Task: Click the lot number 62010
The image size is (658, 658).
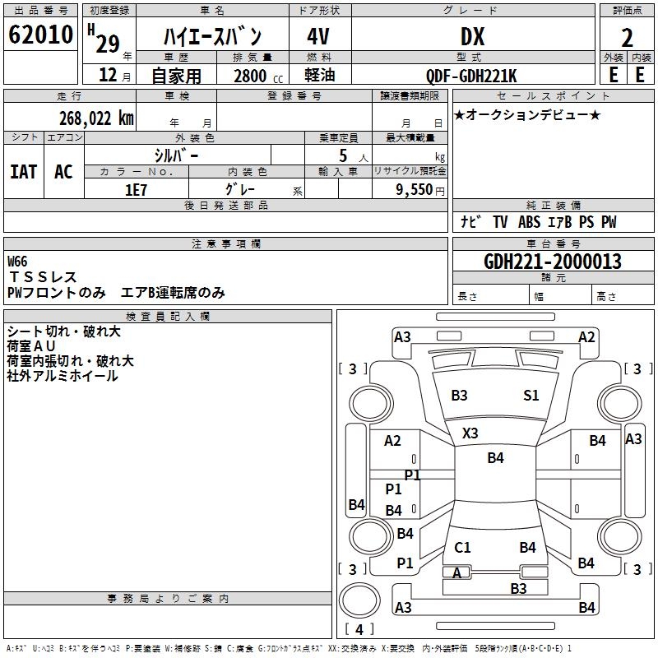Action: pos(40,35)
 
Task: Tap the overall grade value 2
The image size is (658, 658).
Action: pos(627,38)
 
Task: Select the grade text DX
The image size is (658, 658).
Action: pos(472,36)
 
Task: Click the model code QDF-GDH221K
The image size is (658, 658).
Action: pos(471,76)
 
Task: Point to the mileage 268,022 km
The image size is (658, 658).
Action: pos(96,118)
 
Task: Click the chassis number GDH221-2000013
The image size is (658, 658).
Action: pos(553,262)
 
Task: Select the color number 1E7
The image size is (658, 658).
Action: pos(136,190)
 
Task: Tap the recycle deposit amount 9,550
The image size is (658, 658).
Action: pos(415,189)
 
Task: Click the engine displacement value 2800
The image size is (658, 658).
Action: pos(250,76)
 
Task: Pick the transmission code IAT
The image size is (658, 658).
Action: pos(24,172)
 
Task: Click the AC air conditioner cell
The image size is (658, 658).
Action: pos(64,172)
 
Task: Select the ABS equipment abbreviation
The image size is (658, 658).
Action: pos(529,222)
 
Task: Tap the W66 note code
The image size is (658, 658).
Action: pos(17,262)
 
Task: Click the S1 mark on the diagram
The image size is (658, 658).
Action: pos(531,395)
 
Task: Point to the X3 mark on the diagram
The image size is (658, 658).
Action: pos(470,433)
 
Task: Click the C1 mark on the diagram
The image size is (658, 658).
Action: pos(462,547)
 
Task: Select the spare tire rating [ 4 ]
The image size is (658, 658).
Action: pos(359,629)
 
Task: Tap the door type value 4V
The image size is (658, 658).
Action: pos(318,36)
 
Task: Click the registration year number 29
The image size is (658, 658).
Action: pos(108,44)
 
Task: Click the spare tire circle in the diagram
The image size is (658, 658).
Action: pos(359,600)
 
